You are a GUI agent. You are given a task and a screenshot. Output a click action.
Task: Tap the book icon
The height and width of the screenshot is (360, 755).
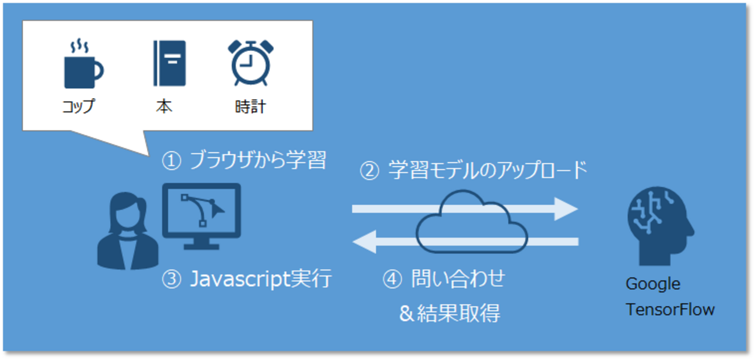170,63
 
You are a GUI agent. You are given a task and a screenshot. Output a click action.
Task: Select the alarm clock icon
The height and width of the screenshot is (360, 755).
250,63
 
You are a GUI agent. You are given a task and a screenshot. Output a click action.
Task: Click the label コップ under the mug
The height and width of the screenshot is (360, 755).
78,107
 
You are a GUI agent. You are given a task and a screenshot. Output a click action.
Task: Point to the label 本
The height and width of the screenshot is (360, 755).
164,107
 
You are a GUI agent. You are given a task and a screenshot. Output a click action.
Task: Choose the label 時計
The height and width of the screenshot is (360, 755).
251,107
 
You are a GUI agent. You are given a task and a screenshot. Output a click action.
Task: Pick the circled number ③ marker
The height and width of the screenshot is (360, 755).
171,280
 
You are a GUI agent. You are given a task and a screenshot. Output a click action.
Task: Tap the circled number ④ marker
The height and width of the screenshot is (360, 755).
393,280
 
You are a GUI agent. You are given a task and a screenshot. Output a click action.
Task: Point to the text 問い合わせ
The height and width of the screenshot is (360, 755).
458,279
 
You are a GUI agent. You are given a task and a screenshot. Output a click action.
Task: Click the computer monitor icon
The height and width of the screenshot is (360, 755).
202,215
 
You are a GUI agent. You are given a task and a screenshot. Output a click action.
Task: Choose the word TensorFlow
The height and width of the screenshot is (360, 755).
670,309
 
